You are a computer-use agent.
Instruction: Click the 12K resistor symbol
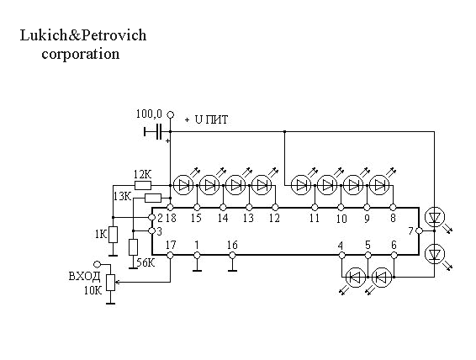point(143,185)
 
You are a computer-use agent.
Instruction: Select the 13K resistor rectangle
point(153,199)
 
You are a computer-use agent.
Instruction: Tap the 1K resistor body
point(114,235)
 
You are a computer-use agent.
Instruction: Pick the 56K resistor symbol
point(133,247)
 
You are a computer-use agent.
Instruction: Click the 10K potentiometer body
point(111,283)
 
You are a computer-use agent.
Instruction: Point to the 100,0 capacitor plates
point(158,132)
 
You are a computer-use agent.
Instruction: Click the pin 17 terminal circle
point(171,255)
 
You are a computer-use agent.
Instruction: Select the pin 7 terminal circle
point(419,231)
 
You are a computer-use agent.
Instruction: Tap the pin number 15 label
point(196,218)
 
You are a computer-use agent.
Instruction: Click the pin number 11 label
point(315,218)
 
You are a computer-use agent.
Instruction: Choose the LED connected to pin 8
point(379,185)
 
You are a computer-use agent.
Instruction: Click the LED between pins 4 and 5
point(356,277)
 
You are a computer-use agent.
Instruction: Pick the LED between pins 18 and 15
point(183,185)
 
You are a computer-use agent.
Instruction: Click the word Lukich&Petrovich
point(83,35)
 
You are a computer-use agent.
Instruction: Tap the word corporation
point(81,54)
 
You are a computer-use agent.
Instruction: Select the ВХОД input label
point(85,276)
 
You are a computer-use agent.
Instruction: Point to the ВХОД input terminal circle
point(97,264)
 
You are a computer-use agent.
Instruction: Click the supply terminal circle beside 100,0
point(171,114)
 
